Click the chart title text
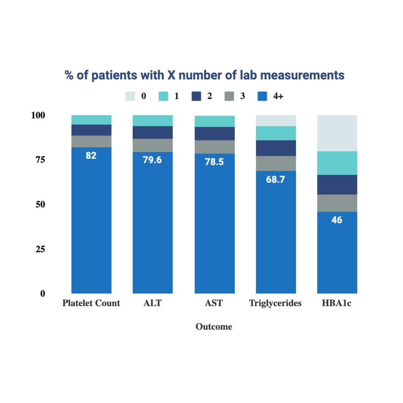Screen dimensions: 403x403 205,75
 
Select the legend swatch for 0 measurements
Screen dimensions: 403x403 130,96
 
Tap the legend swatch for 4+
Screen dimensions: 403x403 262,96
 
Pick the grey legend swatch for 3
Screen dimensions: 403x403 229,96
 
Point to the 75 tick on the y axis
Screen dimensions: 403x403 40,160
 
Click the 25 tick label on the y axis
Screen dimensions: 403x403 40,249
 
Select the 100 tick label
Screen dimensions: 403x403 38,116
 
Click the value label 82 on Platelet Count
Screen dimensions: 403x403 91,155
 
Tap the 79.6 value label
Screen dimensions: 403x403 152,160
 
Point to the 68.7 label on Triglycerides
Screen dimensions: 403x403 275,180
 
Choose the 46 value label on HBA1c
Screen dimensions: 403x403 337,220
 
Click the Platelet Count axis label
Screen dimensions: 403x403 91,303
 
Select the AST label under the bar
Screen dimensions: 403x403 214,303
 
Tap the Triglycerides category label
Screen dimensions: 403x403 275,303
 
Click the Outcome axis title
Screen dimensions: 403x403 214,327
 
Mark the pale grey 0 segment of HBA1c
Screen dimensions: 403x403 337,133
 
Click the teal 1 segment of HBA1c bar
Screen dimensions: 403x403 337,163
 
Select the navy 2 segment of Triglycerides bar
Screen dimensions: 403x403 276,148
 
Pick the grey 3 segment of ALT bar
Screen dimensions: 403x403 152,145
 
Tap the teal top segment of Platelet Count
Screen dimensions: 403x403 91,120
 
